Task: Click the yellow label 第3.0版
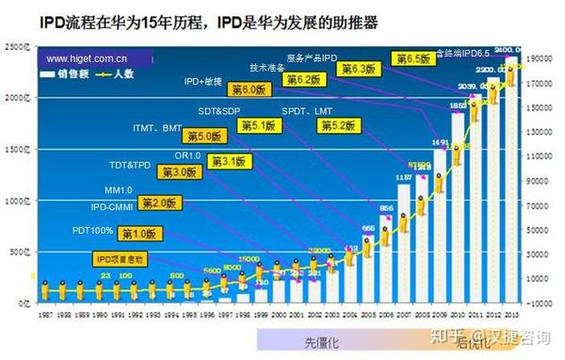coord(178,172)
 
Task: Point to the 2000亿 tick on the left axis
coord(16,98)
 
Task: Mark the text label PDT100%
coord(92,229)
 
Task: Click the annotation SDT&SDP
coord(217,111)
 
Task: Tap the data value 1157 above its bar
coord(404,177)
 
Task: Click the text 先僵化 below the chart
coord(320,339)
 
